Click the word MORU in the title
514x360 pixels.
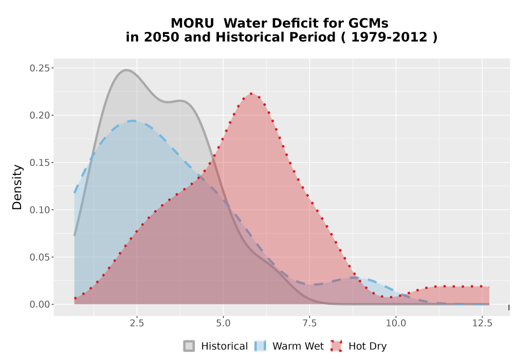(x=192, y=24)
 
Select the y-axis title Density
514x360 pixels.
(x=17, y=187)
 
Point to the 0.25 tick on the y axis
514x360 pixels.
(x=40, y=68)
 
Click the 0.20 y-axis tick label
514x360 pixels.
(x=40, y=115)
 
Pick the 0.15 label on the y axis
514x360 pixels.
(x=40, y=163)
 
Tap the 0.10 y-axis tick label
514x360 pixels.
(x=40, y=210)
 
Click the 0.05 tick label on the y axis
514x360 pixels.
(x=40, y=257)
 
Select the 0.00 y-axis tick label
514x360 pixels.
(x=40, y=304)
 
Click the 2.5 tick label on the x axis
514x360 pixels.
(x=137, y=323)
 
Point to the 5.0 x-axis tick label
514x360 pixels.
(x=223, y=323)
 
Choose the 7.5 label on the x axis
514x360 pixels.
(x=309, y=323)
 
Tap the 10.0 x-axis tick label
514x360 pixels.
(x=396, y=323)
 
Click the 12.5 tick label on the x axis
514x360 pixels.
(x=482, y=323)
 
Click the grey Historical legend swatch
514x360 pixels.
(x=189, y=346)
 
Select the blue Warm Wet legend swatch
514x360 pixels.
(x=260, y=346)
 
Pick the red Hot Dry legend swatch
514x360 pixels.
(x=336, y=346)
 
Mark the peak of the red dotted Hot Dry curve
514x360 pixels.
(x=251, y=94)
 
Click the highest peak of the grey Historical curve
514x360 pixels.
(x=126, y=70)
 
